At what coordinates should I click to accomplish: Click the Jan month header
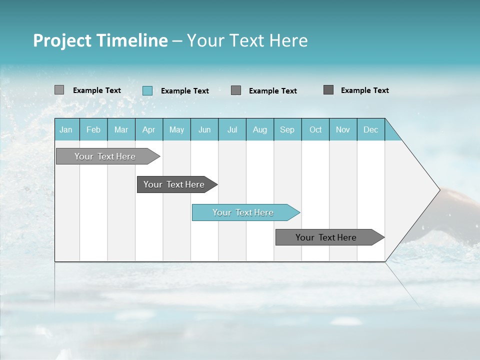coord(66,129)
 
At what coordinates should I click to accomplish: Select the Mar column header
coord(121,129)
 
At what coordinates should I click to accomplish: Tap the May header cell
coord(176,129)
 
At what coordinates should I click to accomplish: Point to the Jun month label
coord(204,129)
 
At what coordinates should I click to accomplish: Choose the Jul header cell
coord(232,129)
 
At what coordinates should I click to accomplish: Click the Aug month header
coord(260,129)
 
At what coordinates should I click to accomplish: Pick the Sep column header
coord(287,129)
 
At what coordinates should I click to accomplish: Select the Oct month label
coord(315,129)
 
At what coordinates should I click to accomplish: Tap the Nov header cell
coord(343,129)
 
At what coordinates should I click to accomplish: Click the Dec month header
coord(370,129)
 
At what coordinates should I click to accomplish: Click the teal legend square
coord(147,90)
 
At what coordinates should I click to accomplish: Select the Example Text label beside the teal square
coord(185,91)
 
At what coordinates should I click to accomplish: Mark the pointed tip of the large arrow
coord(439,189)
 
